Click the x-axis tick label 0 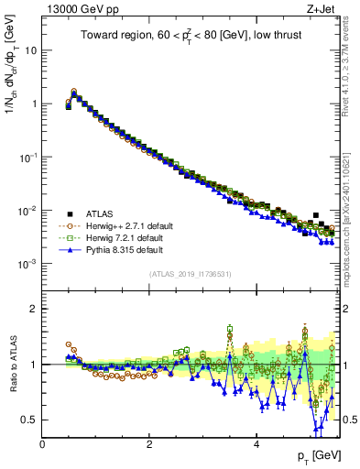point(43,443)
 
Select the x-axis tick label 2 point(149,443)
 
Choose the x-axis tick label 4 point(256,443)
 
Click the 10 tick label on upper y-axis point(29,49)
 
